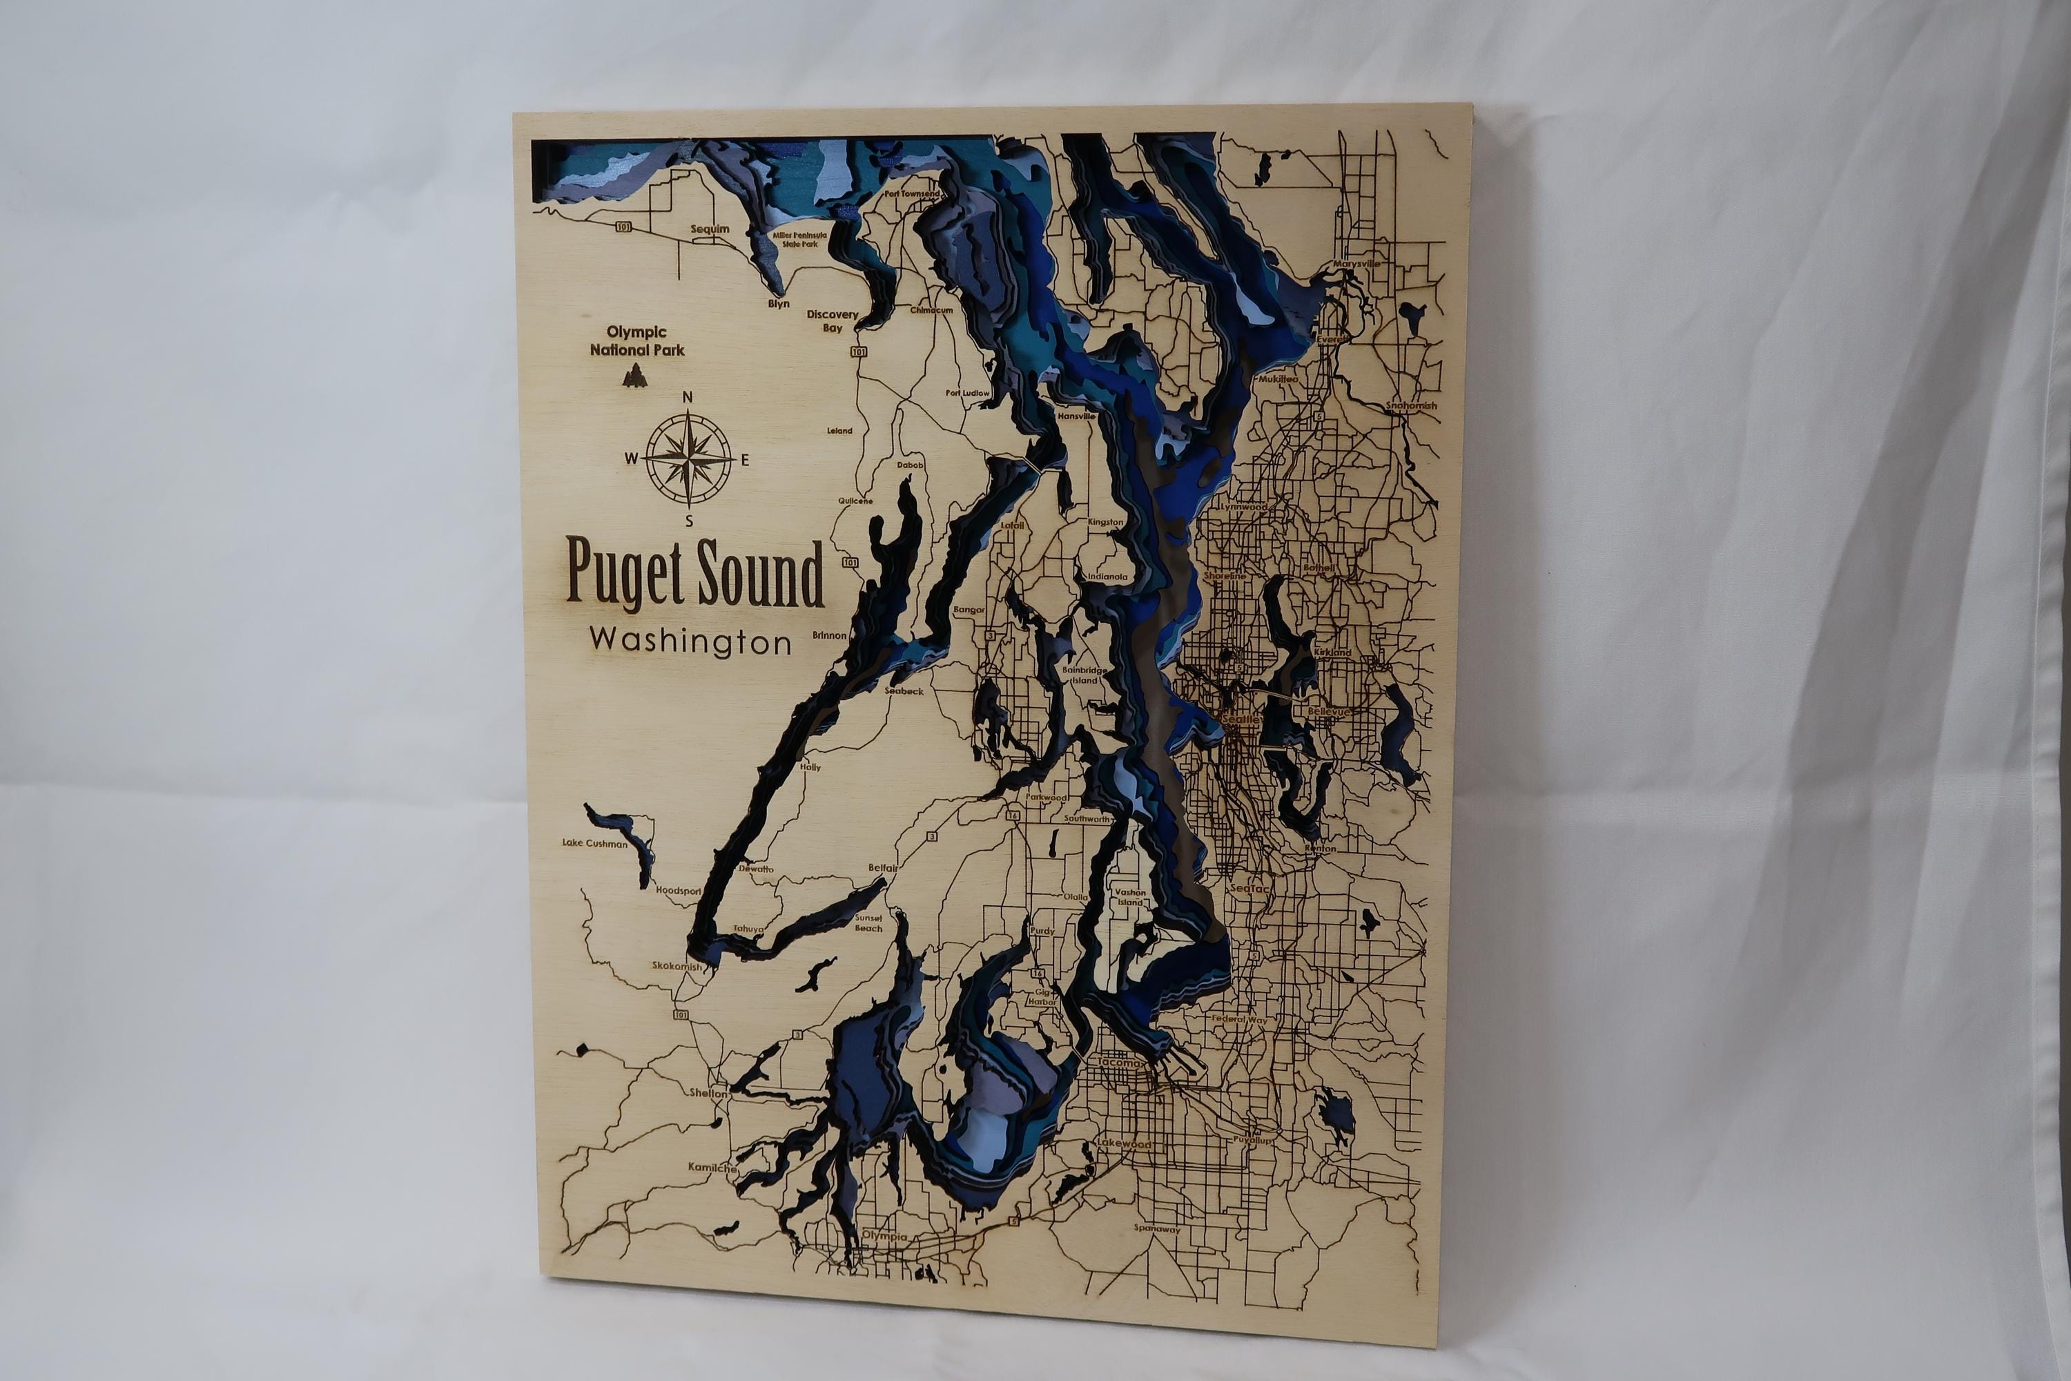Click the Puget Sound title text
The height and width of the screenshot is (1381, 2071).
click(694, 573)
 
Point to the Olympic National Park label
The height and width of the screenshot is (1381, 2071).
click(636, 341)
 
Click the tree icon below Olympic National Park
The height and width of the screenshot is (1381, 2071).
click(632, 377)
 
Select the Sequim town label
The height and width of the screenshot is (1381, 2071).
click(710, 229)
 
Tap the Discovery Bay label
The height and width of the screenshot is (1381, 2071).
click(832, 320)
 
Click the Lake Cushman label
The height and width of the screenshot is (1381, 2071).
click(595, 843)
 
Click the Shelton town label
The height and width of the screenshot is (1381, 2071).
click(708, 1093)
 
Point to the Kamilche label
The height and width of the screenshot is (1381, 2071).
click(712, 1168)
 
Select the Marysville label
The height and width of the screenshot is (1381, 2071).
click(1356, 263)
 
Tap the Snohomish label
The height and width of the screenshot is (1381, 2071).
click(1412, 406)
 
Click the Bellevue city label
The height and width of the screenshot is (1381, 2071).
click(1328, 711)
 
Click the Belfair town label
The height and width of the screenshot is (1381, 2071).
click(883, 867)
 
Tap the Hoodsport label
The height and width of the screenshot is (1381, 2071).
click(678, 891)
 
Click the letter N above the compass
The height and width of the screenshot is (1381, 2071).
click(688, 397)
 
